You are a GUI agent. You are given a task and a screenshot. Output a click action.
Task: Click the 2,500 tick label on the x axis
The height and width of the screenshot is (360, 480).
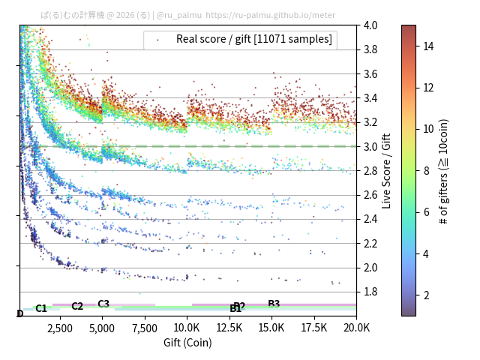tap(60, 328)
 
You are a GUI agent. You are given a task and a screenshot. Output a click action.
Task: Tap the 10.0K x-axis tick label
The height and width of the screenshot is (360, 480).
tap(187, 328)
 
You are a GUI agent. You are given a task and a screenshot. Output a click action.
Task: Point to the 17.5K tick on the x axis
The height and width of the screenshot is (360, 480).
tap(314, 328)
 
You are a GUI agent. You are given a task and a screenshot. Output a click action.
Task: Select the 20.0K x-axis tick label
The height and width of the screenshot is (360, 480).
tap(356, 328)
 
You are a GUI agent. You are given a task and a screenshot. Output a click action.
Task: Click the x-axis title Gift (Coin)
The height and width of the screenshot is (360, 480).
tap(187, 343)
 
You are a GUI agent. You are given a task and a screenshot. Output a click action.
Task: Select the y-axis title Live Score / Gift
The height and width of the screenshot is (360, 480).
tap(387, 171)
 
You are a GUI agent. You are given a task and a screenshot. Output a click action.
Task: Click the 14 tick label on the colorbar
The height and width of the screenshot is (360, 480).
tap(428, 46)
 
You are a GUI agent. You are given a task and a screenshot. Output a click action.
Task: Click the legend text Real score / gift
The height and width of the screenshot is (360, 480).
tap(254, 39)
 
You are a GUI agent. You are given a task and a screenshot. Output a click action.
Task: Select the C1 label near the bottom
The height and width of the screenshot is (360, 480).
tap(41, 308)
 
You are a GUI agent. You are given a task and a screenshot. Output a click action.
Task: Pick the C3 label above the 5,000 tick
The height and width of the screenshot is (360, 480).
tap(103, 304)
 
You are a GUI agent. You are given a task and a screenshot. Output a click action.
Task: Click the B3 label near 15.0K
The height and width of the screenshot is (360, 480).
tap(274, 304)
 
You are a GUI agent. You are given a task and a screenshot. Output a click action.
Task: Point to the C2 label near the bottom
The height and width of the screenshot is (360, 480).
tap(77, 306)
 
